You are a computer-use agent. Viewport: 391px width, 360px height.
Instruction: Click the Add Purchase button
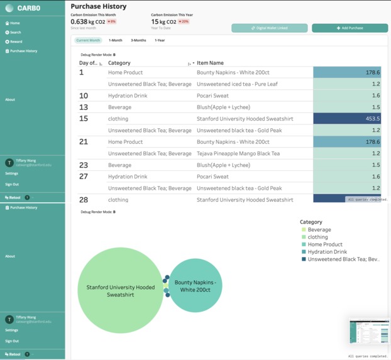coord(350,28)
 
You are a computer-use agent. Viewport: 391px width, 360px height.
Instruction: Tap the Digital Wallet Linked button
coord(269,28)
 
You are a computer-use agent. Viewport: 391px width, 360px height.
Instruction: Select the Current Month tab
coord(88,40)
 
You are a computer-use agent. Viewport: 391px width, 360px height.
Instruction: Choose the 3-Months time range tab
coord(138,40)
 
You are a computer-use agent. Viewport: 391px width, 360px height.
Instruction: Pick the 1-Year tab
coord(160,40)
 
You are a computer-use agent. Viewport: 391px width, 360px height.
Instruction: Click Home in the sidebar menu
coord(14,23)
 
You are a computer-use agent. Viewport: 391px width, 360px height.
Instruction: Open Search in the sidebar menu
coord(15,32)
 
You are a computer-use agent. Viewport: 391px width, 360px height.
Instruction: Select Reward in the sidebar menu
coord(16,41)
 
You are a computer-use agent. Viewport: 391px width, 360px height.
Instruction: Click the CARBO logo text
coord(29,8)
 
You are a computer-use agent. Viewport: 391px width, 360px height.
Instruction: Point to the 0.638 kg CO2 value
coord(87,21)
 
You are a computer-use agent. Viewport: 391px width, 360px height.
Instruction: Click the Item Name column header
coord(210,63)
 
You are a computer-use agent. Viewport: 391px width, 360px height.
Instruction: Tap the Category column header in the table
coord(119,63)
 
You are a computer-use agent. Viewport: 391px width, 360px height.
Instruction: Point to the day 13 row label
coord(84,107)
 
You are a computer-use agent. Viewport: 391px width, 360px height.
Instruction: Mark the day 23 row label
coord(84,165)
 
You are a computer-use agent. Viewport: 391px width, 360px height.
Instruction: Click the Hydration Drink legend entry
coord(326,252)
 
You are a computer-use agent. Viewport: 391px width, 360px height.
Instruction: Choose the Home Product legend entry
coord(325,244)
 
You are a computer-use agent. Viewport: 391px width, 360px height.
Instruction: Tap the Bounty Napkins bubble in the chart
coord(196,286)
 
